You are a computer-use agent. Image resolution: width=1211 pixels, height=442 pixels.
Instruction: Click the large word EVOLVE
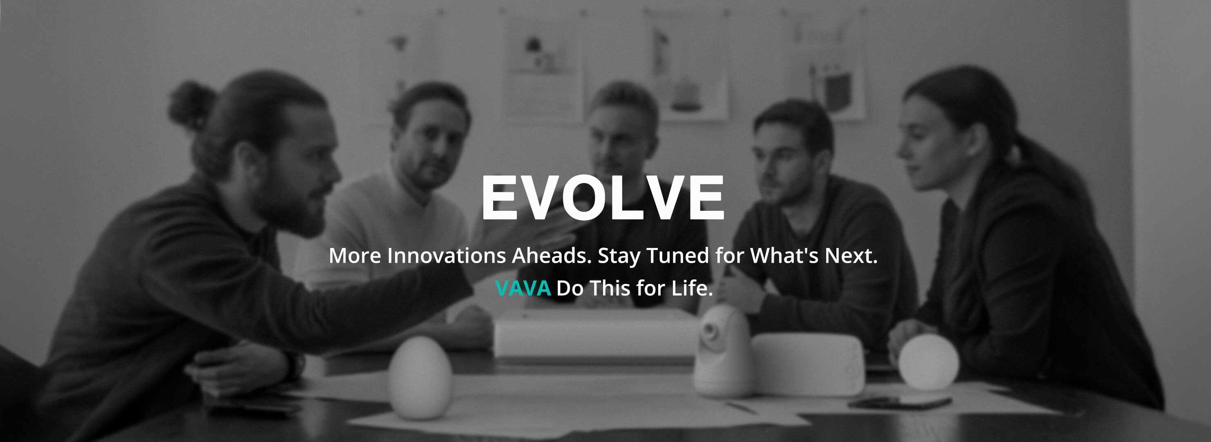(x=603, y=197)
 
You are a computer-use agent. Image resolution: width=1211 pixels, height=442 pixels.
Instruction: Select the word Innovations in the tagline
(x=447, y=256)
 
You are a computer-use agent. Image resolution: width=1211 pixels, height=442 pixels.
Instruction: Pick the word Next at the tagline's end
(x=851, y=256)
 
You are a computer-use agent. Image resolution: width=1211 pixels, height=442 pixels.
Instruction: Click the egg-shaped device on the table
(x=420, y=377)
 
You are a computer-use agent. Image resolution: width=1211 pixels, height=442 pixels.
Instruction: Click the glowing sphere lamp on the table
(x=928, y=362)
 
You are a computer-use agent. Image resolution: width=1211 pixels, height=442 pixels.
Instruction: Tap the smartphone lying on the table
(x=900, y=402)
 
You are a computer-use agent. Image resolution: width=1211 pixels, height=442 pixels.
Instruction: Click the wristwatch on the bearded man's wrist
(x=295, y=366)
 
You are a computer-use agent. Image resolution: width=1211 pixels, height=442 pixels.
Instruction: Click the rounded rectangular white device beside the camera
(x=808, y=364)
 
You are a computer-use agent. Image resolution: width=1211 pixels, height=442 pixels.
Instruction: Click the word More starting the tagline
(x=355, y=256)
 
